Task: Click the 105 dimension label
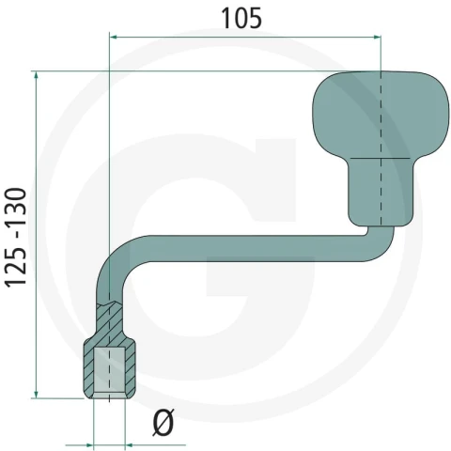241,18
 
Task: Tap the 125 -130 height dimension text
15,238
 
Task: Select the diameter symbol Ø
163,422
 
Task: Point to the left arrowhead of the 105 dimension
114,38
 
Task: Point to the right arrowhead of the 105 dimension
377,38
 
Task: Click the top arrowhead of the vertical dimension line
37,75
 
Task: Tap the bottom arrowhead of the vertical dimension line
37,394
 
